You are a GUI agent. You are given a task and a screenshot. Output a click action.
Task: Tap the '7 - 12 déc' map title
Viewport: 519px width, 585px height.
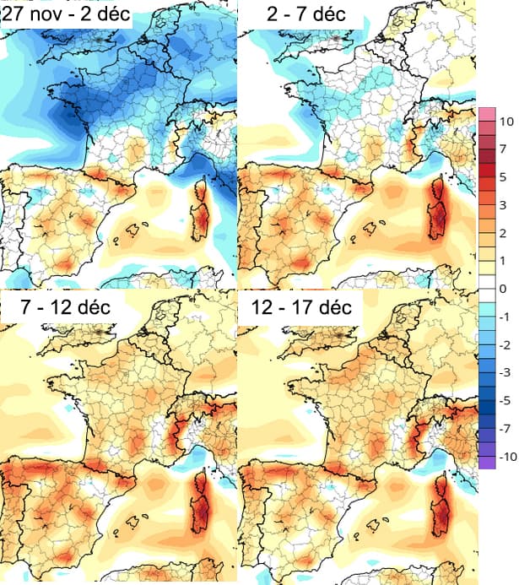(67, 308)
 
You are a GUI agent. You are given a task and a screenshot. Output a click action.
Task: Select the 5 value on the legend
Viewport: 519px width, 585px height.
(503, 177)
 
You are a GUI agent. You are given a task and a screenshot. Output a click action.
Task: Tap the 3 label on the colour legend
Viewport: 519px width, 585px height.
(503, 205)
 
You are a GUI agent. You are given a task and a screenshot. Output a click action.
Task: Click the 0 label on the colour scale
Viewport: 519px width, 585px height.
(503, 289)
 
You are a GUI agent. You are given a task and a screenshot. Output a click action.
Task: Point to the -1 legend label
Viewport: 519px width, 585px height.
(505, 317)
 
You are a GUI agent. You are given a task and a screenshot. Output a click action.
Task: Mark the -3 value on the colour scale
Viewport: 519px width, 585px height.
(505, 372)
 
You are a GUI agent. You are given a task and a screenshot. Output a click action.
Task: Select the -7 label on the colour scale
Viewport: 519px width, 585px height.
(505, 428)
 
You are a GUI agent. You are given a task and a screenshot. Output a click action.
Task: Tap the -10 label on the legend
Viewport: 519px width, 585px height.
(507, 456)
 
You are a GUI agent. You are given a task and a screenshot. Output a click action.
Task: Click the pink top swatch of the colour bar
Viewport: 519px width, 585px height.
(486, 115)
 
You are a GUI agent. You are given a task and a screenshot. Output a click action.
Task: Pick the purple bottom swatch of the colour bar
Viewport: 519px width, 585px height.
(486, 461)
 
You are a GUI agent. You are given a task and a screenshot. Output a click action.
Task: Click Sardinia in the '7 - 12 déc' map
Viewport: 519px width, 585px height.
(203, 501)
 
